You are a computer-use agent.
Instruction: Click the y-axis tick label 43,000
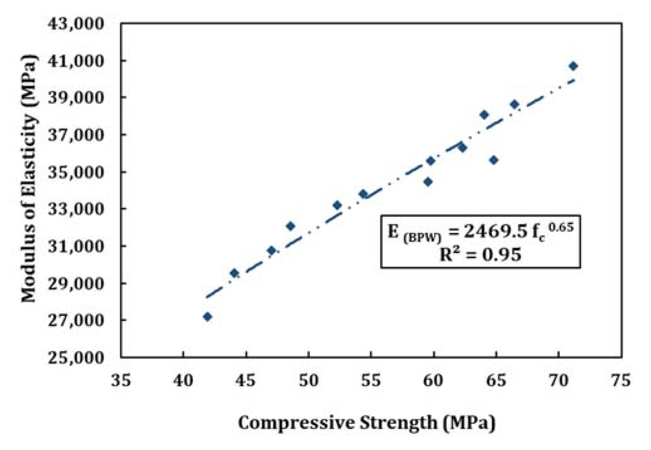click(x=75, y=24)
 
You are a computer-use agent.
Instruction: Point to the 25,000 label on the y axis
click(x=75, y=358)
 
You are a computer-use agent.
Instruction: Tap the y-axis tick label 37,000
click(x=75, y=135)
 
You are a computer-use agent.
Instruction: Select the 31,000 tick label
click(x=75, y=247)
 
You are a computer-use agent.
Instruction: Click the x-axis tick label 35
click(x=121, y=380)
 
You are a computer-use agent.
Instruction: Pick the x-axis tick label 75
click(x=621, y=380)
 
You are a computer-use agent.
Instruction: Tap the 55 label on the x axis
click(x=371, y=380)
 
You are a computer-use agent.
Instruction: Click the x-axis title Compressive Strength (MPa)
click(x=366, y=423)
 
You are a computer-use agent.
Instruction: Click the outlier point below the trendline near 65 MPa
click(x=494, y=160)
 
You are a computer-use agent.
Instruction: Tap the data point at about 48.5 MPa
click(x=290, y=226)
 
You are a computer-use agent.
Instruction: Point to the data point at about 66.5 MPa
click(x=514, y=104)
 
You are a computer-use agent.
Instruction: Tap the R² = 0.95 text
click(x=480, y=254)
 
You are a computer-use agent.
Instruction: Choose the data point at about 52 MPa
click(x=337, y=205)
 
